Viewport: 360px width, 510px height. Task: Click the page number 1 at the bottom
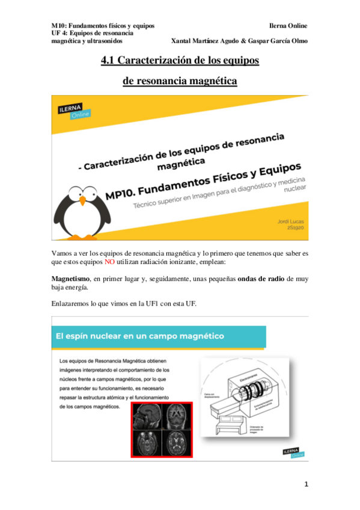(306, 484)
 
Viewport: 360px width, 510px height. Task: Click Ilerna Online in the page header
(289, 26)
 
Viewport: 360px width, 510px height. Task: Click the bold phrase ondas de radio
(264, 278)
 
